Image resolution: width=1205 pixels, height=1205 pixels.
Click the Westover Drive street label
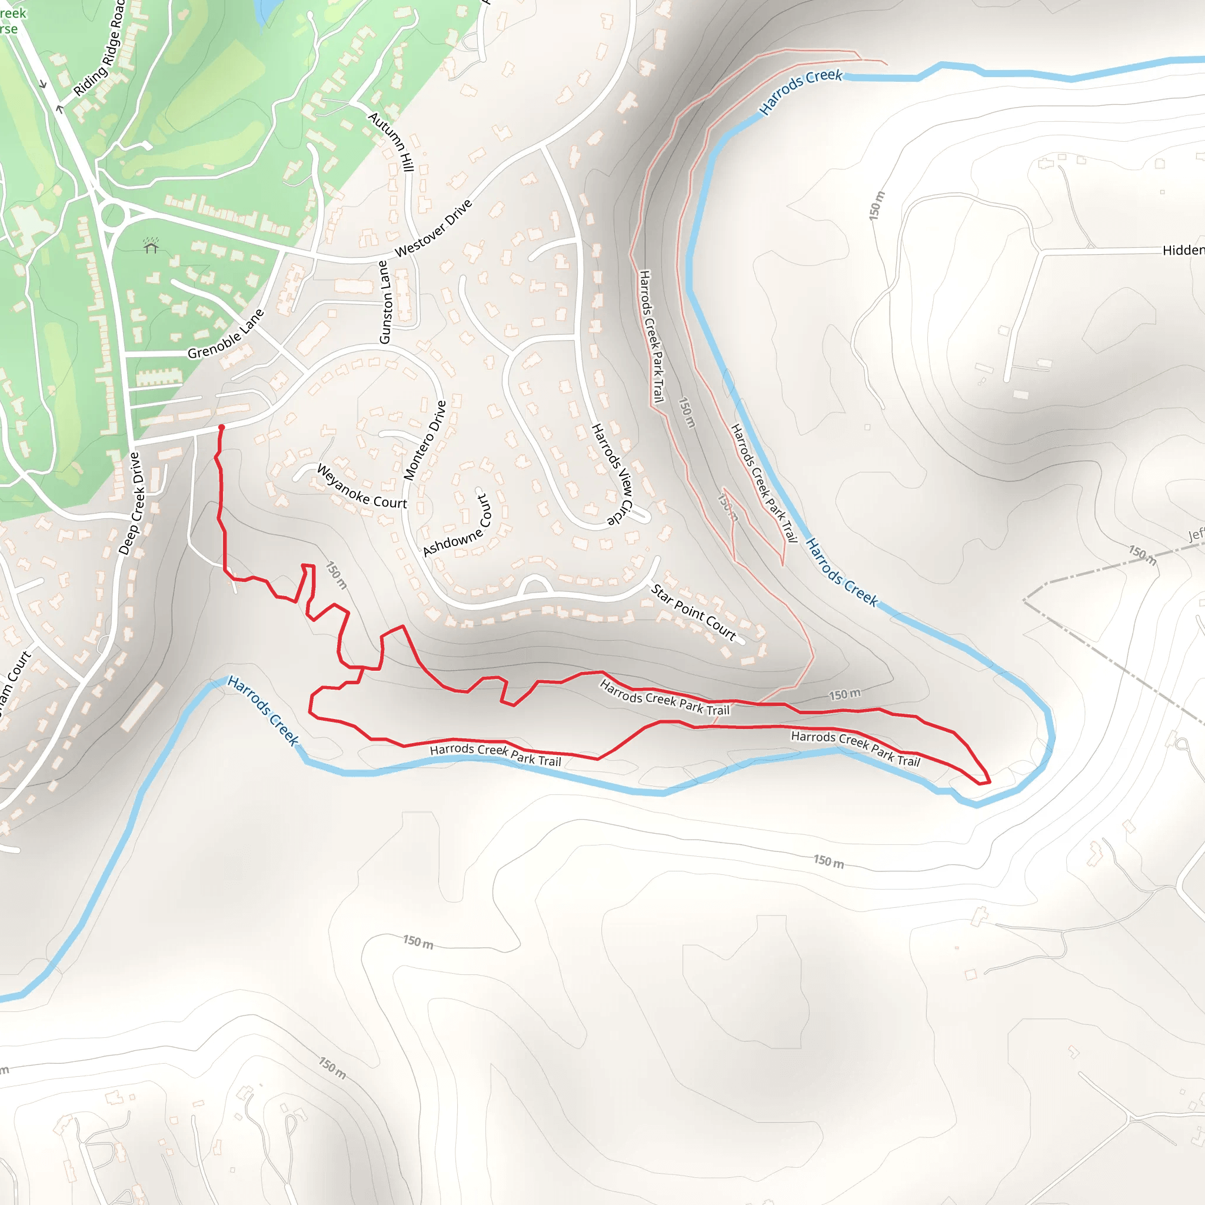(434, 228)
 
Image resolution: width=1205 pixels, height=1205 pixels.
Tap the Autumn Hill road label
(392, 142)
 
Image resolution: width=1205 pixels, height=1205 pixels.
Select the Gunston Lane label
(385, 302)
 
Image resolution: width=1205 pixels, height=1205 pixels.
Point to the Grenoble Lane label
(226, 334)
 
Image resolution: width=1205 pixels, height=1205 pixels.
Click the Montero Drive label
(425, 440)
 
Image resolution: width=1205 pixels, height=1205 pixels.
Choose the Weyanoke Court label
(362, 487)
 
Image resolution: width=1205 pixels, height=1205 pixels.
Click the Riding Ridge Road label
(100, 50)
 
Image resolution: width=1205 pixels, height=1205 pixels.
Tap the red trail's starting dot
(221, 427)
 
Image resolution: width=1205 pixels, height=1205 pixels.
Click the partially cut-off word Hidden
(1183, 250)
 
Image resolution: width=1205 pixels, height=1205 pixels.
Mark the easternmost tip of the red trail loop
(990, 781)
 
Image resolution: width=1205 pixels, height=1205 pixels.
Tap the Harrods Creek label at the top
(800, 92)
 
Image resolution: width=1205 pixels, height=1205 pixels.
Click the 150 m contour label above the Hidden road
(877, 205)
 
